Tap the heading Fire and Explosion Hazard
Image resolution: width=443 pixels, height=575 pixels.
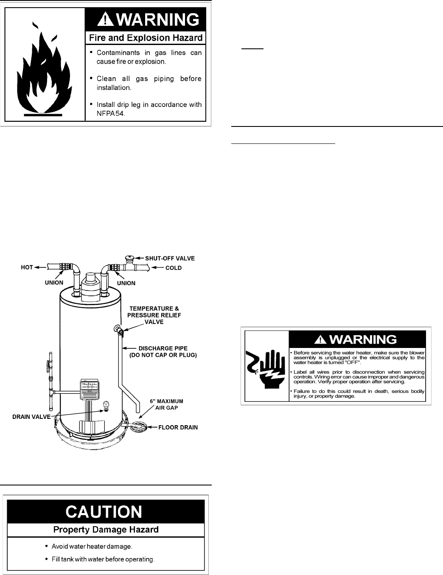pos(146,38)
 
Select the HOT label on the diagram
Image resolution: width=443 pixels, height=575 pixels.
pos(27,268)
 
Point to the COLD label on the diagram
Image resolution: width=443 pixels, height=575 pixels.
pos(173,268)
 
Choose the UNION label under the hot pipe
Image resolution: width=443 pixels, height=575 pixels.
pos(54,283)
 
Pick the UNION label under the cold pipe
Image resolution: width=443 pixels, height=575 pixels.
pos(126,283)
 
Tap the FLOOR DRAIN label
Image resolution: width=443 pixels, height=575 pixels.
pos(178,427)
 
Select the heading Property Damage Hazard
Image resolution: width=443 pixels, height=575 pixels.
pos(106,530)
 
